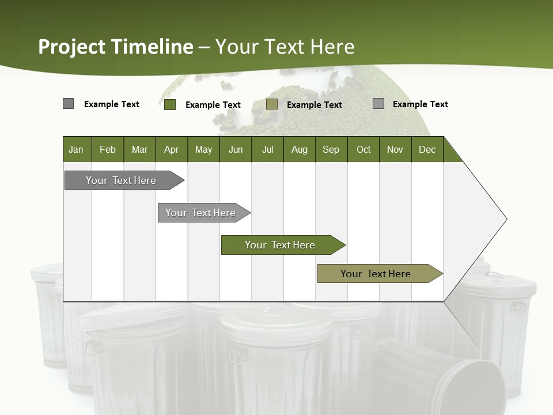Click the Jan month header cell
(x=77, y=149)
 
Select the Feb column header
(x=108, y=149)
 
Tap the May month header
(x=203, y=149)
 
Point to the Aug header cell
(x=299, y=149)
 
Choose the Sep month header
(x=331, y=149)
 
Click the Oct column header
(x=363, y=149)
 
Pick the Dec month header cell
(x=427, y=149)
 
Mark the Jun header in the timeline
(x=236, y=149)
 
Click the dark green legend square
(x=170, y=104)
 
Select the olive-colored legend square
(x=272, y=104)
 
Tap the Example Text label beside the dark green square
(x=213, y=105)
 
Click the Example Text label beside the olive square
(x=314, y=105)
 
